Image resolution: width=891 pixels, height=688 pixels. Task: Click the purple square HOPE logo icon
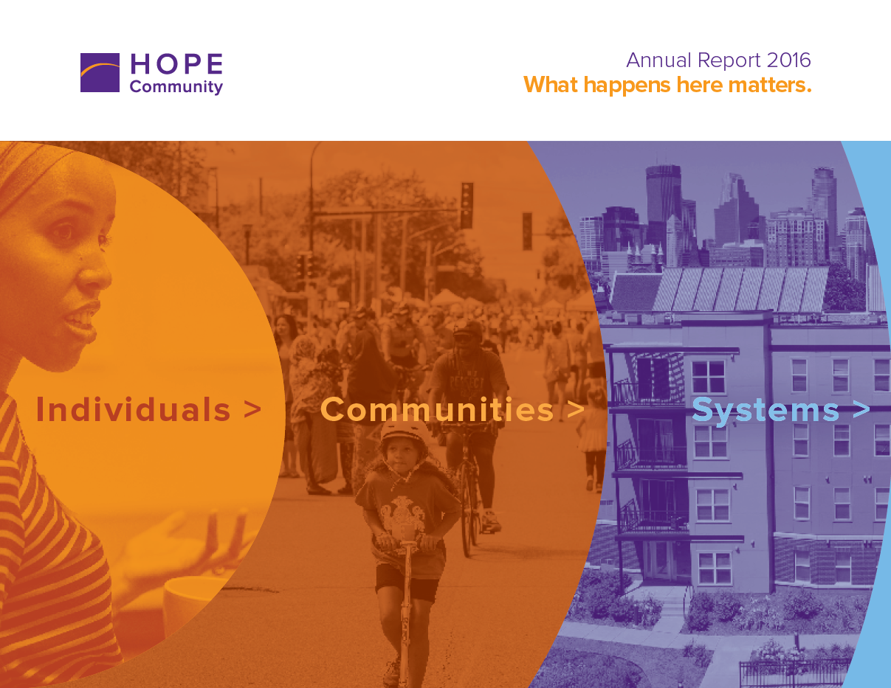tap(100, 72)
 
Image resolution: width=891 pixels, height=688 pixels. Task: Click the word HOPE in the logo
tap(176, 64)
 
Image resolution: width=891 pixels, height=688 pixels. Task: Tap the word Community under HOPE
tap(176, 87)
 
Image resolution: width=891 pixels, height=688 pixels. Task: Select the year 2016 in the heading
tap(788, 60)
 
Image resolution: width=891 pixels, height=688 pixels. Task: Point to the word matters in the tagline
tap(770, 86)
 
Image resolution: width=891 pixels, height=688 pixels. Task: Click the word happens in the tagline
tap(627, 86)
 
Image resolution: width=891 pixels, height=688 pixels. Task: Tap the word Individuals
tap(133, 409)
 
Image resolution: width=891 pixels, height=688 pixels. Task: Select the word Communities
tap(437, 409)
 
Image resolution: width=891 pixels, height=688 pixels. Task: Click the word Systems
tap(765, 410)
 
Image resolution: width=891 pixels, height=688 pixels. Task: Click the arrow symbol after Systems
tap(861, 410)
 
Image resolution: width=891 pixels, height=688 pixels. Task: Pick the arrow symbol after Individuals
tap(252, 409)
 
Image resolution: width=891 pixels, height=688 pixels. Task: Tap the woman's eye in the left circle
tap(63, 232)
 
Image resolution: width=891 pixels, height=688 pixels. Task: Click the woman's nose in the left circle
tap(94, 274)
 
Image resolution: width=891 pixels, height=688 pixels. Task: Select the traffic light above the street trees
tap(467, 205)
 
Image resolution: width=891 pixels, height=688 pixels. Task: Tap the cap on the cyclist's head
tap(468, 328)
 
